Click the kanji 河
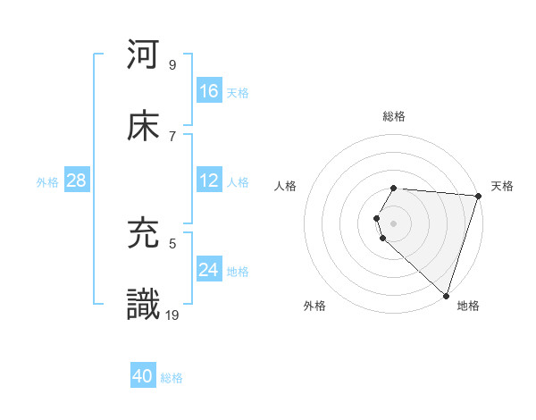click(x=144, y=55)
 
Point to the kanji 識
click(x=144, y=304)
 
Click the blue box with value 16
click(x=209, y=91)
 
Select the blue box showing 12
click(x=209, y=181)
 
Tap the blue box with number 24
click(x=209, y=270)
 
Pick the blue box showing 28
click(x=77, y=181)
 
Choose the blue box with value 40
click(x=143, y=376)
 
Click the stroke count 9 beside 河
click(x=172, y=65)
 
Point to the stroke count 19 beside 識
click(x=172, y=315)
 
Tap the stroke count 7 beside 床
click(x=172, y=136)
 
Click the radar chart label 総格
click(x=394, y=116)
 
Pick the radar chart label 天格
click(x=503, y=186)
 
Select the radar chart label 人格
click(x=285, y=186)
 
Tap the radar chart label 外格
click(x=314, y=306)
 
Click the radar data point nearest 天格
click(x=478, y=196)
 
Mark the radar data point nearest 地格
click(x=446, y=295)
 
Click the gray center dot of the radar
click(x=394, y=223)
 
